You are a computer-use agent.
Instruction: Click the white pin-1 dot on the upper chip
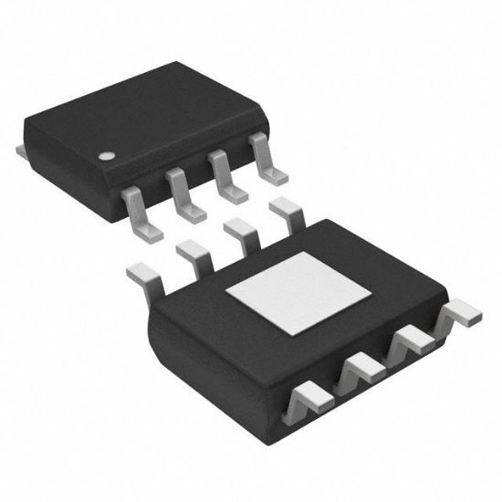(x=108, y=154)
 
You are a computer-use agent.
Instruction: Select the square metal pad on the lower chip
(x=298, y=298)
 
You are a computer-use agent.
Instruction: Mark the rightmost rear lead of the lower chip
(x=288, y=209)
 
